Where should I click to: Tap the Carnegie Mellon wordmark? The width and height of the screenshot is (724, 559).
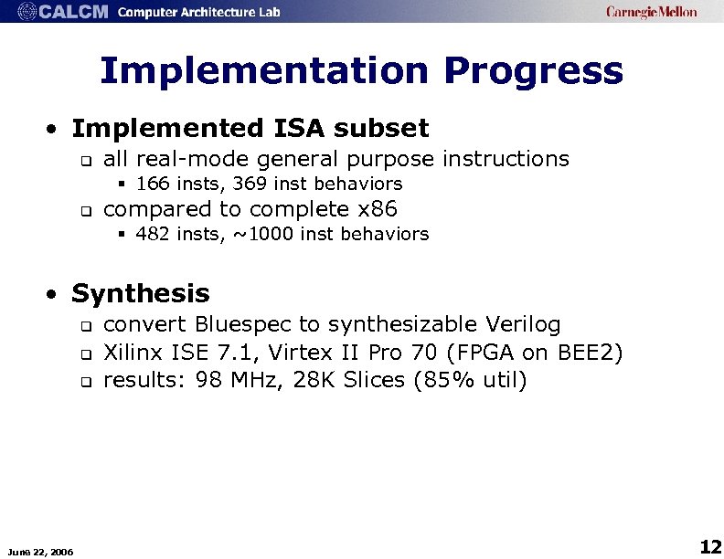click(x=651, y=12)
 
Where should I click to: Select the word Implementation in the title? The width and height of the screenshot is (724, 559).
click(x=262, y=71)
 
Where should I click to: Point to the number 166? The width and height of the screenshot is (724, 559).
click(x=152, y=185)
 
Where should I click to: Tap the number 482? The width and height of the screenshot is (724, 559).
click(x=152, y=235)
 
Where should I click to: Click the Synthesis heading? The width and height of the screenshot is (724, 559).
click(x=141, y=293)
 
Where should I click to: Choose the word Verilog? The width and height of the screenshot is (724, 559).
click(x=524, y=324)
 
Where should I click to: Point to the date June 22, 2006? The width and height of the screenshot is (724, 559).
click(x=41, y=550)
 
